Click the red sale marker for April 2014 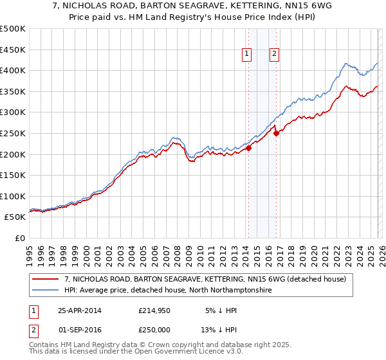click(248, 148)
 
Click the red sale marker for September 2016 click(276, 134)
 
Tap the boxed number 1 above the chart click(247, 55)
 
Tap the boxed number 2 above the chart click(275, 55)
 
